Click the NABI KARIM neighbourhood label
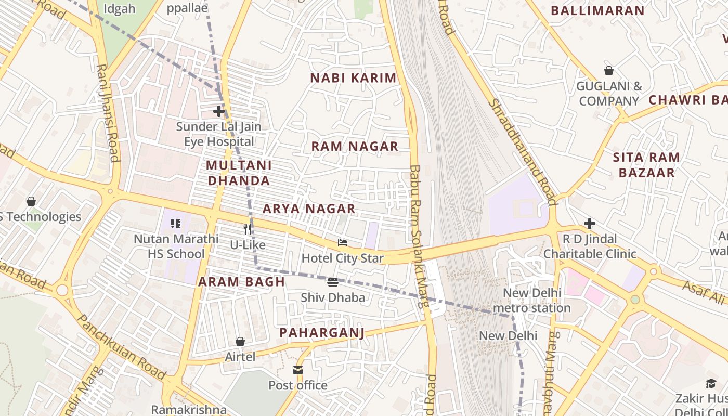[353, 78]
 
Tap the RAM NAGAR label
[355, 146]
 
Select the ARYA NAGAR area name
[309, 209]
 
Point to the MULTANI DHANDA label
[239, 173]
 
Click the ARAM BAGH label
[241, 282]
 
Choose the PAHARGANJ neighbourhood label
[322, 332]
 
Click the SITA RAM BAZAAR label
[646, 165]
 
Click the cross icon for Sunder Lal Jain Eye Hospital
[219, 111]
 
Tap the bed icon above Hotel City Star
[342, 242]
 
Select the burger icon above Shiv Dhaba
[333, 282]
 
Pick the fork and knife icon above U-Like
[248, 229]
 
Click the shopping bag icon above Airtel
[240, 342]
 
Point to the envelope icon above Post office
[298, 370]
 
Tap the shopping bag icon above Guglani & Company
[608, 71]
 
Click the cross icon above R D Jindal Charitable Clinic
[589, 224]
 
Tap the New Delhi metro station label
[532, 300]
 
